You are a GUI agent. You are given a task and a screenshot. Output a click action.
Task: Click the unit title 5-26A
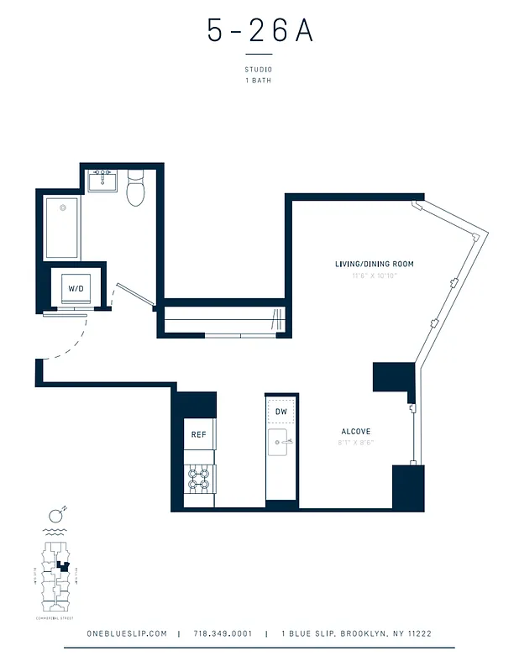259,30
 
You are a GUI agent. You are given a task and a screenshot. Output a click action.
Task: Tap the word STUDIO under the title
259,70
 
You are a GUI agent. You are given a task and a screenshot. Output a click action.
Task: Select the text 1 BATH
259,81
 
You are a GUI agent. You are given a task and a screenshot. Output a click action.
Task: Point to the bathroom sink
104,180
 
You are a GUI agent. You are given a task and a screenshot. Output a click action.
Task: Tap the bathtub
62,228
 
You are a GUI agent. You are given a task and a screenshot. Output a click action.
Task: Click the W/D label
76,289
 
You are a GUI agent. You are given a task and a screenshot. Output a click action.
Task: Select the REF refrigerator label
198,434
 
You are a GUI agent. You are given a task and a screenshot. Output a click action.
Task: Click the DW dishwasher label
281,412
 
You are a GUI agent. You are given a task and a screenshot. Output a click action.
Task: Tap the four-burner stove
199,480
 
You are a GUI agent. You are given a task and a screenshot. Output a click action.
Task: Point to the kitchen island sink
280,441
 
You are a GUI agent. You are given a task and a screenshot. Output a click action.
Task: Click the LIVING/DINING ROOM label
374,264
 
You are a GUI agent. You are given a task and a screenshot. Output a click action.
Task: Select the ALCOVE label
355,432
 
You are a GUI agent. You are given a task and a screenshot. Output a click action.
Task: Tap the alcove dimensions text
355,443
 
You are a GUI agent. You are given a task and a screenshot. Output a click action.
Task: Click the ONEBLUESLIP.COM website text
127,633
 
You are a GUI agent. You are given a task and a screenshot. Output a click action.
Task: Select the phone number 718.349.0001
223,633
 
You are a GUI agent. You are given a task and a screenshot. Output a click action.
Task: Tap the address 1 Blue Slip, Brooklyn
356,633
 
